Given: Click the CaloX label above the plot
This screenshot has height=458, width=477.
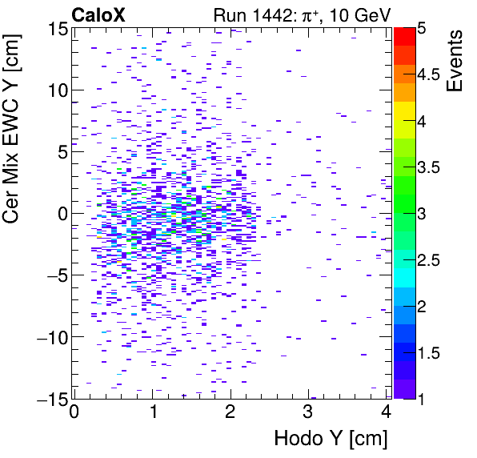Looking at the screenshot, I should point(98,14).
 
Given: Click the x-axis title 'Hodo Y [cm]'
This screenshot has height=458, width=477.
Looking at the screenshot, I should point(331,438).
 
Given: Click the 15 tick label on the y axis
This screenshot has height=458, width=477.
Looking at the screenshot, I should point(55,28).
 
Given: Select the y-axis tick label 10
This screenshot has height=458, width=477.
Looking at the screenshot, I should point(55,90).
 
